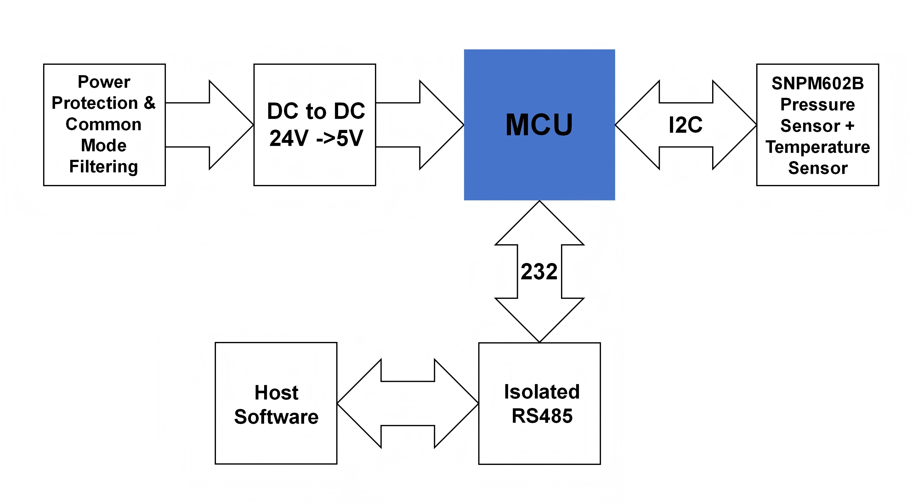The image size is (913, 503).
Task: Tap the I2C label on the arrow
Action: [685, 125]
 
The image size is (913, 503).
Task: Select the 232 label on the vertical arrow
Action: [539, 272]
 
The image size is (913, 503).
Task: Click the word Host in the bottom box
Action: [276, 393]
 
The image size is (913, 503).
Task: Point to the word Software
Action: [276, 416]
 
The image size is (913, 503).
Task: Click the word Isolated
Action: [542, 392]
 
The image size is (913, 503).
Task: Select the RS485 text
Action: [542, 416]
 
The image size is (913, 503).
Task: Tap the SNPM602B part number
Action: [818, 84]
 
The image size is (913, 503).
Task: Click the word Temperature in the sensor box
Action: [818, 147]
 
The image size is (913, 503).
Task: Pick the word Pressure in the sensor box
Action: [818, 104]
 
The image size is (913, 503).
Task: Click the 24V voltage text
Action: [289, 138]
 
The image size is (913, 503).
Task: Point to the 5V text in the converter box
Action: [350, 138]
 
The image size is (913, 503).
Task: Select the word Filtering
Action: [104, 166]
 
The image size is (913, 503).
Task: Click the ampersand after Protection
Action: [150, 103]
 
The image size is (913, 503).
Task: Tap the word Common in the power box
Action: [104, 124]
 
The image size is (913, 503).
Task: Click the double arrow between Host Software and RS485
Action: [408, 404]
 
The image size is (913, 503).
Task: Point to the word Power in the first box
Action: [104, 82]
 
